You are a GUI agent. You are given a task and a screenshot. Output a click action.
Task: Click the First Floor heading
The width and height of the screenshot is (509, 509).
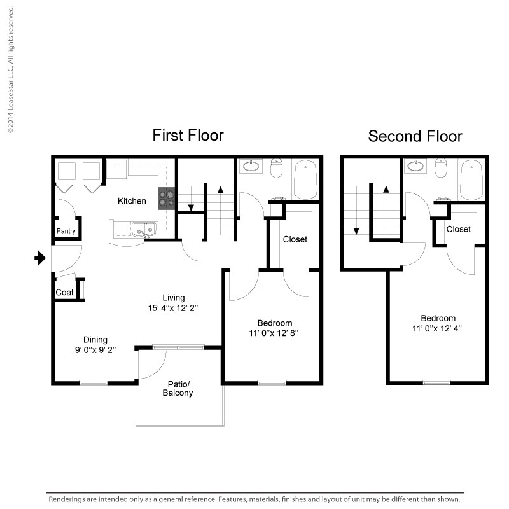tap(188, 136)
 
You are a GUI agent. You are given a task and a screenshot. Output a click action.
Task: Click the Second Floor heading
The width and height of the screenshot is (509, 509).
tap(415, 136)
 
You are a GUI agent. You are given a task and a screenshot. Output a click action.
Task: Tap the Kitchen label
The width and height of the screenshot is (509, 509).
tap(132, 201)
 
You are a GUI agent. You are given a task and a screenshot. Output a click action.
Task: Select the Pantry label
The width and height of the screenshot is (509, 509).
tap(66, 231)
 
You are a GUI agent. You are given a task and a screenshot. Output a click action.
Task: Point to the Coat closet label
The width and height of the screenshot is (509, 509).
tap(65, 293)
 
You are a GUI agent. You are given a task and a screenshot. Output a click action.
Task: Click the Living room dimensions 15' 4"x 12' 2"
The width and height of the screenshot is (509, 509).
tap(173, 308)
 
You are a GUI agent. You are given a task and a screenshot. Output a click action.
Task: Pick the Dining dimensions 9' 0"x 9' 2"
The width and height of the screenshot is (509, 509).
tap(95, 350)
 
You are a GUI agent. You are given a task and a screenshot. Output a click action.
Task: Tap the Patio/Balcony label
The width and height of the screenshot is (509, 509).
tap(178, 389)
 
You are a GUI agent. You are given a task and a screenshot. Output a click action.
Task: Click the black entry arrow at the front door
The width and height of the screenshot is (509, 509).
tap(40, 258)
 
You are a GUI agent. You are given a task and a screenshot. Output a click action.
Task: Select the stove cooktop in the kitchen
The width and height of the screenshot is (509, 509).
tap(167, 199)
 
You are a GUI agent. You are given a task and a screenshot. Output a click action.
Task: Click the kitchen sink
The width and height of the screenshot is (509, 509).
tap(144, 229)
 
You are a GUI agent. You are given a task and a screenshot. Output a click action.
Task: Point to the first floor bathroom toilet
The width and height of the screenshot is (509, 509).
tap(277, 168)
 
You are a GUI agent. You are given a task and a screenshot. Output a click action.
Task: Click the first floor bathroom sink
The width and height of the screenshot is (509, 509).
tap(251, 166)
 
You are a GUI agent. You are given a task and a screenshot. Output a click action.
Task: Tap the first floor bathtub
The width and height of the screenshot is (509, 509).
tap(305, 179)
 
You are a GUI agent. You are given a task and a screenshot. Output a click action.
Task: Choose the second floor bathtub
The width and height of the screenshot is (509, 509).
tap(471, 179)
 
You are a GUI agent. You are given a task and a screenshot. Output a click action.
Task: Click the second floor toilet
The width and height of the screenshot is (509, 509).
tap(441, 168)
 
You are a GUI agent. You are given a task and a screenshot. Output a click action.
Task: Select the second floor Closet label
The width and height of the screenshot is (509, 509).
tap(458, 229)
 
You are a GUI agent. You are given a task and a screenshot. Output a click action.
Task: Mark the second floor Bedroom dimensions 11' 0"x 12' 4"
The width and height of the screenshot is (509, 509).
tap(437, 328)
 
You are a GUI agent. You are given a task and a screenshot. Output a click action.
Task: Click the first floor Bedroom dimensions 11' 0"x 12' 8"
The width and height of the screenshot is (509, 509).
tap(274, 333)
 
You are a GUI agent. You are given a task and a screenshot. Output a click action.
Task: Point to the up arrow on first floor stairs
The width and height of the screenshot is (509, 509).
tap(220, 190)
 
